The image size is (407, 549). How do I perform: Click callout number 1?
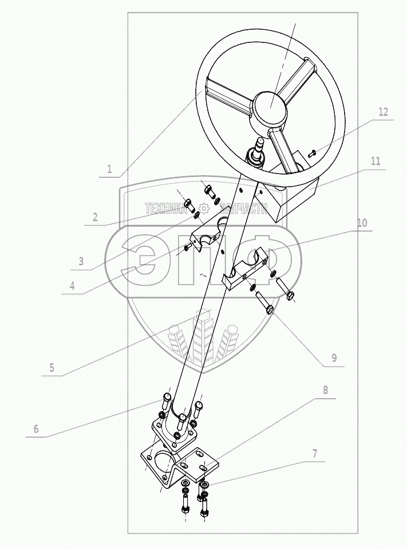109,169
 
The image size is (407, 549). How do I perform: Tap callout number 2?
95,218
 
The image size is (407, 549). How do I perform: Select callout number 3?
81,261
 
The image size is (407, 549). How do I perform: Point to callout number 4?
72,286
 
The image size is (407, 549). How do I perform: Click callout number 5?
52,368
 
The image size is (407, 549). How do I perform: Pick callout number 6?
36,429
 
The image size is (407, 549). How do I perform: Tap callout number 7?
315,454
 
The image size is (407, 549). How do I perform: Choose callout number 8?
326,390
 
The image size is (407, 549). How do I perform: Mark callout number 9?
334,357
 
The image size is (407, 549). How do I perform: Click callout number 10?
362,222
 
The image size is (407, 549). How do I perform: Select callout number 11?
376,161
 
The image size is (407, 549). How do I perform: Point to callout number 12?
383,112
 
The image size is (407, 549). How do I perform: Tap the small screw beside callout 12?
312,153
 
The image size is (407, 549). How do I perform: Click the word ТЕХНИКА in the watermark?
165,209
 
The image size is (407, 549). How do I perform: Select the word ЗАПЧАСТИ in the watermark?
244,209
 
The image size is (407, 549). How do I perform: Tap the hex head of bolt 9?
270,309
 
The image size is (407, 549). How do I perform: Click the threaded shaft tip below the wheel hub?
260,144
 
